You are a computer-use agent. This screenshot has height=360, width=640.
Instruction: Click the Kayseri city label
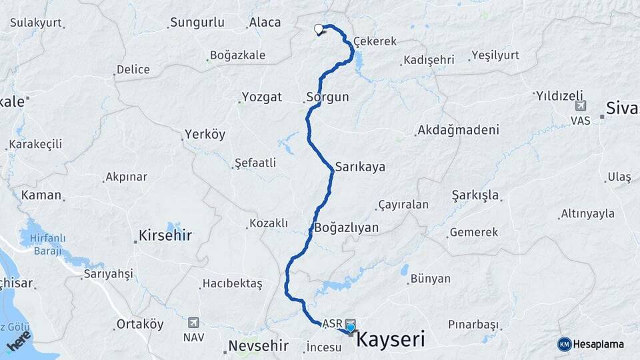(x=391, y=339)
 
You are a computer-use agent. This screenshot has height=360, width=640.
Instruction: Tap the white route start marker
(x=319, y=29)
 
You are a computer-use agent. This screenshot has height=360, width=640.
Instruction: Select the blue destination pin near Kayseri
(x=351, y=327)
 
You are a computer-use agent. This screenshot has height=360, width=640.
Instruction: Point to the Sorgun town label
(x=327, y=97)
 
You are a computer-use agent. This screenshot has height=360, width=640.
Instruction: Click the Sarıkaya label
(x=360, y=167)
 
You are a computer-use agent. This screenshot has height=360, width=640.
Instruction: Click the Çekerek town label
(x=375, y=41)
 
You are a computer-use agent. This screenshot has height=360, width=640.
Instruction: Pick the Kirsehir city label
(x=165, y=235)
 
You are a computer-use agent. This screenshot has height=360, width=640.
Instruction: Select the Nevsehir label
(x=258, y=345)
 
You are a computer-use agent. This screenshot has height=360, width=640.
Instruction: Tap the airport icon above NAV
(x=193, y=322)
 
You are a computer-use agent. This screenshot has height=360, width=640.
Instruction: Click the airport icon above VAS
(x=580, y=106)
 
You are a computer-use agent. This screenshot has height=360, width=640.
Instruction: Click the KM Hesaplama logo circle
(x=565, y=344)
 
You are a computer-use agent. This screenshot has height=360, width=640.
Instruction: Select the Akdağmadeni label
(x=458, y=131)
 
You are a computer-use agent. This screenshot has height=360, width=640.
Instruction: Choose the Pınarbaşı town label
(x=473, y=325)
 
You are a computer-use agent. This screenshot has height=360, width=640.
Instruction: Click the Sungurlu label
(x=197, y=23)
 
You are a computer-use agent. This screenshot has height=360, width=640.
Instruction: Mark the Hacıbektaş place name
(x=233, y=284)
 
